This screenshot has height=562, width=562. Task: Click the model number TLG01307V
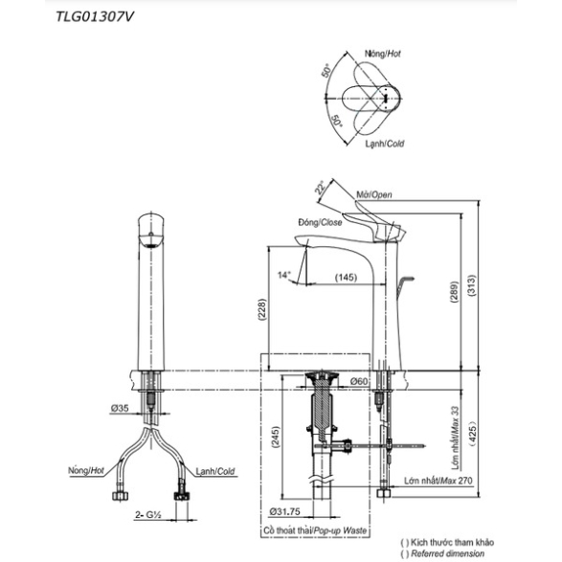click(x=95, y=17)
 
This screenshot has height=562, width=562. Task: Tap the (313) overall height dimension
click(x=472, y=285)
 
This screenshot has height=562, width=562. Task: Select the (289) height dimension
click(x=454, y=292)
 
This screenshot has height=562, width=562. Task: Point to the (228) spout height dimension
click(x=262, y=309)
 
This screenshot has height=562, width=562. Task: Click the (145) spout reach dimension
click(x=346, y=277)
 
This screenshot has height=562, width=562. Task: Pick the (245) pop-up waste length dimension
click(x=275, y=438)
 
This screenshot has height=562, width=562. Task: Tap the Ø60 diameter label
click(x=359, y=381)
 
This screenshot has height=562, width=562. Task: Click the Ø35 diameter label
click(x=120, y=408)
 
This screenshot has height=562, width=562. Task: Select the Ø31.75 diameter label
click(x=285, y=511)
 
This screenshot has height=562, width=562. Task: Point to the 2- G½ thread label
click(x=148, y=515)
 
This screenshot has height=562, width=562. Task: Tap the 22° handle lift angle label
click(x=320, y=188)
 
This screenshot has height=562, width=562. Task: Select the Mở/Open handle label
click(x=374, y=194)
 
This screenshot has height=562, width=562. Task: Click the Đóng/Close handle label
click(x=320, y=222)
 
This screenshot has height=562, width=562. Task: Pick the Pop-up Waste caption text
click(x=340, y=530)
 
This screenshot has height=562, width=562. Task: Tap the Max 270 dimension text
click(x=456, y=481)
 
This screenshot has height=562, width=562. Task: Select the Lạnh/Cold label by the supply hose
click(x=215, y=471)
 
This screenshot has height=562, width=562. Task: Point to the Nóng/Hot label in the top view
click(x=383, y=54)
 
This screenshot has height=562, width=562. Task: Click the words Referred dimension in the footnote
click(x=448, y=553)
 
